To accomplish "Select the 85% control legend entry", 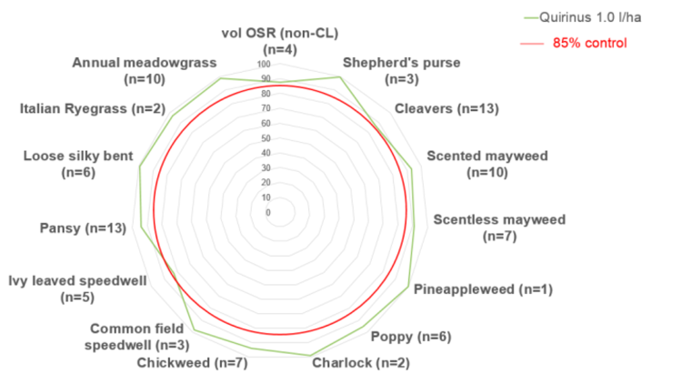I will pos(589,43).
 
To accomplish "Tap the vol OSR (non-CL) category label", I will pos(280,41).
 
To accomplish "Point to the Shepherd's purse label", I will pos(400,71).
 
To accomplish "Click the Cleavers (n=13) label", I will pos(446,109).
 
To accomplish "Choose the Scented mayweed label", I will pos(487,164).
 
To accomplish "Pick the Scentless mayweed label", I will pos(499,227).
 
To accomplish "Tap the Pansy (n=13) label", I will pos(83,227).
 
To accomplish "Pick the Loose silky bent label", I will pos(79,164).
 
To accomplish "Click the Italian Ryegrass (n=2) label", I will pos(94,109).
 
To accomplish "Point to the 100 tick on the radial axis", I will pos(265,66).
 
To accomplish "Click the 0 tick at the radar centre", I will pos(267,213).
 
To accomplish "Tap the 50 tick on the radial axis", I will pos(266,138).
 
